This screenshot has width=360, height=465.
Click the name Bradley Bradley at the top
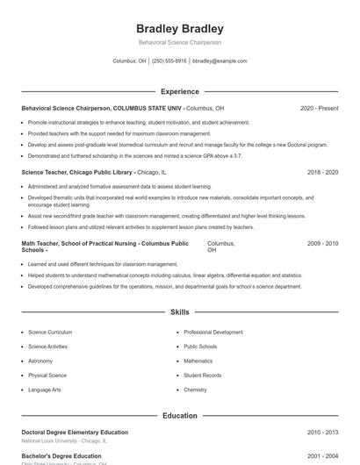[180, 29]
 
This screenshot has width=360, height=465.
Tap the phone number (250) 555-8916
[169, 61]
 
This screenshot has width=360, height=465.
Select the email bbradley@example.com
[220, 61]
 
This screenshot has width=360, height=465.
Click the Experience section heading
[180, 91]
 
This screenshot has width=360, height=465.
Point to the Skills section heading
[180, 311]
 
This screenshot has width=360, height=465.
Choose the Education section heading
[180, 416]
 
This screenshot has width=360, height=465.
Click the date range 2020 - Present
[319, 108]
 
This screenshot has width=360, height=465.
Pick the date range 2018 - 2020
[322, 173]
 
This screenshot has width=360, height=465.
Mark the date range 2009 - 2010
[322, 243]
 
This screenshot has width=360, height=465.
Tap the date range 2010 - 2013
[322, 433]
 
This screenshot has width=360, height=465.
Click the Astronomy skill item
[40, 361]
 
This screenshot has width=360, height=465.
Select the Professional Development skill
[213, 333]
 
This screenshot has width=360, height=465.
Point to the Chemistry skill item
[195, 389]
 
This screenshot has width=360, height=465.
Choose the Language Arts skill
[45, 389]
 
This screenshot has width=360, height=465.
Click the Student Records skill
[202, 375]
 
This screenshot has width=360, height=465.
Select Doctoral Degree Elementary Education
[75, 433]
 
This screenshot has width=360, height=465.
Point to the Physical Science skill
[47, 375]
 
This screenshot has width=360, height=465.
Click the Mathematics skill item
[198, 361]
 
